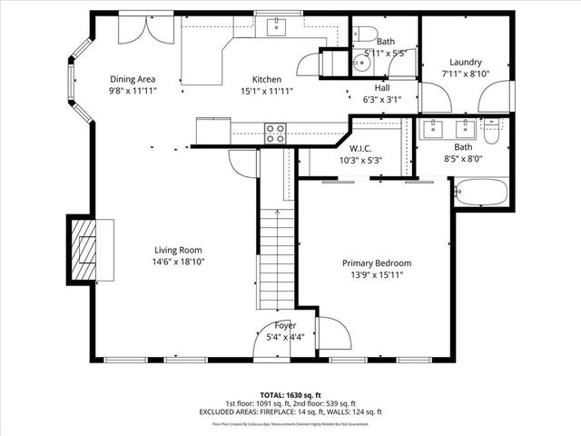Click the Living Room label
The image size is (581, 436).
(177, 250)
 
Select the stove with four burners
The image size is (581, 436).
(275, 134)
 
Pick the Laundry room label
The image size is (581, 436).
(466, 62)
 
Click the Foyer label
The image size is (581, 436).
(285, 325)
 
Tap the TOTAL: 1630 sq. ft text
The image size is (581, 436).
(290, 396)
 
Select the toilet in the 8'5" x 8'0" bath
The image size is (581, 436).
(491, 133)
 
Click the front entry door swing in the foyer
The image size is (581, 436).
(334, 334)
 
